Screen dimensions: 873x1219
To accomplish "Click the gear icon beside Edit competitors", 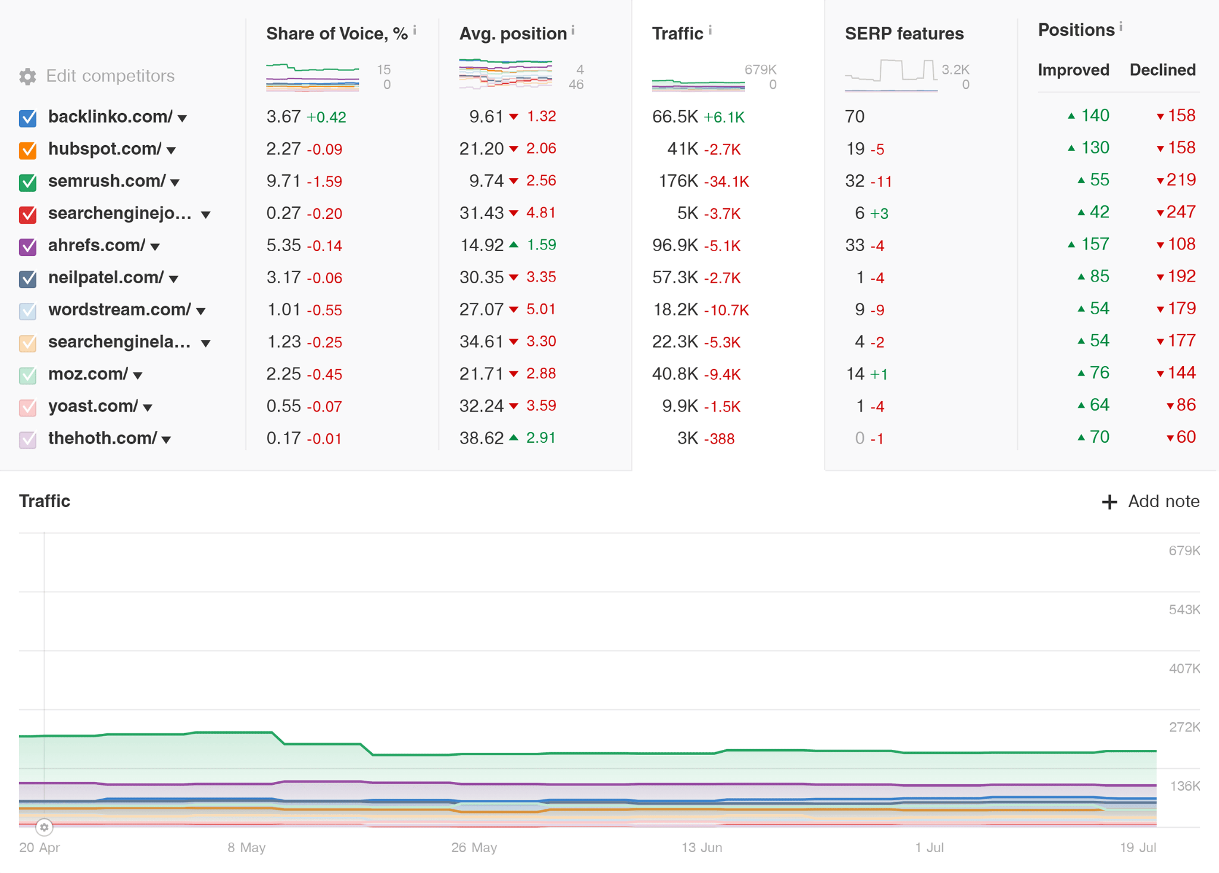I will pos(27,76).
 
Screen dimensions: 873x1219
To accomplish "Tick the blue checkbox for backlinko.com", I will pos(28,118).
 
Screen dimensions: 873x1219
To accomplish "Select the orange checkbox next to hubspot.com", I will pos(28,150).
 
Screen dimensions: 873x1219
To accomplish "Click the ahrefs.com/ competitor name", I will pos(96,245).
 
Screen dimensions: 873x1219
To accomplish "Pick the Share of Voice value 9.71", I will pos(283,181).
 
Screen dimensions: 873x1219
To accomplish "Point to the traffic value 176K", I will pos(678,181).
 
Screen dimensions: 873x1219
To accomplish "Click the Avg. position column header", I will pos(513,34).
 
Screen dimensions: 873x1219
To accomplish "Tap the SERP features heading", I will pos(904,34).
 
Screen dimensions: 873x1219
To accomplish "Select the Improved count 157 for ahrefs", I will pos(1095,244).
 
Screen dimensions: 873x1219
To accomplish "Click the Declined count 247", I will pos(1181,212).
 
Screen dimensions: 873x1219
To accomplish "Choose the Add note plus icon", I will pos(1109,502).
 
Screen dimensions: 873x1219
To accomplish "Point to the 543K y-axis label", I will pos(1184,609).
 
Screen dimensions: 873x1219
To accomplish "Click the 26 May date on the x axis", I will pos(474,847).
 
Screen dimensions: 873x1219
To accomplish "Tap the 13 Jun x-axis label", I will pos(702,847).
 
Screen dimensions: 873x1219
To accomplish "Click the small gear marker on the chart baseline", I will pos(44,827).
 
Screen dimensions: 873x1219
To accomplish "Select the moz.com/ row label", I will pos(87,374).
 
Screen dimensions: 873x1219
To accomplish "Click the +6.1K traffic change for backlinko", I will pos(724,117).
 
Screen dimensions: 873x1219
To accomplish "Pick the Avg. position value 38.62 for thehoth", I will pos(481,439).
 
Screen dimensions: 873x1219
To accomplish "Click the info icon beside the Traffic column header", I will pos(710,30).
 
